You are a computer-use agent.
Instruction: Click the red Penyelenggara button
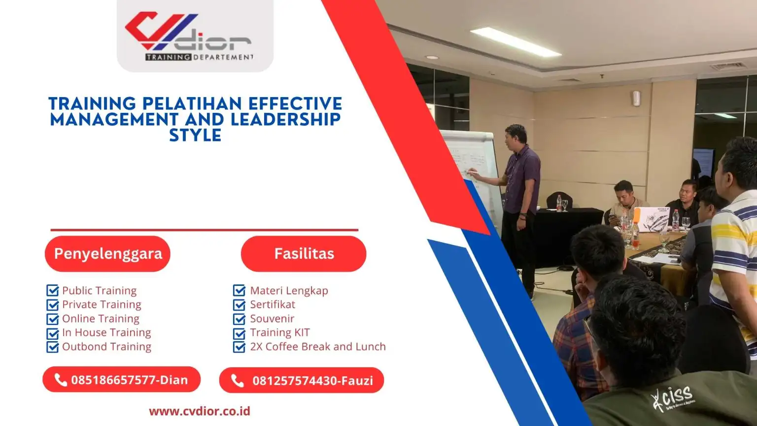pyautogui.click(x=107, y=253)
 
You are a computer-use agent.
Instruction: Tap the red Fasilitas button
pyautogui.click(x=304, y=253)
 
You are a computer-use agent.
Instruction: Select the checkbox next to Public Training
pyautogui.click(x=52, y=290)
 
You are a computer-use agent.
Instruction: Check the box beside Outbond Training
pyautogui.click(x=52, y=347)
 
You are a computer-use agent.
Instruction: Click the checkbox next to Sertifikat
pyautogui.click(x=239, y=305)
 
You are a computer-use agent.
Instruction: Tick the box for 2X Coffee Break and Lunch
pyautogui.click(x=239, y=347)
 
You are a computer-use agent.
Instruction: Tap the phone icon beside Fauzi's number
pyautogui.click(x=237, y=381)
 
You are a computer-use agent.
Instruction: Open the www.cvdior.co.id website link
pyautogui.click(x=200, y=411)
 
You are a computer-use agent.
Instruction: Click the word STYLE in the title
pyautogui.click(x=195, y=135)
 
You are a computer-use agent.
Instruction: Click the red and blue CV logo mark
pyautogui.click(x=161, y=31)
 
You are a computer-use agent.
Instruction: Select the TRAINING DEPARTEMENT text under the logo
pyautogui.click(x=200, y=57)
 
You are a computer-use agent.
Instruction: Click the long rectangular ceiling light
pyautogui.click(x=516, y=42)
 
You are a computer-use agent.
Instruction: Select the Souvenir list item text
pyautogui.click(x=272, y=319)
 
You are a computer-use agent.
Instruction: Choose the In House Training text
pyautogui.click(x=106, y=333)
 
